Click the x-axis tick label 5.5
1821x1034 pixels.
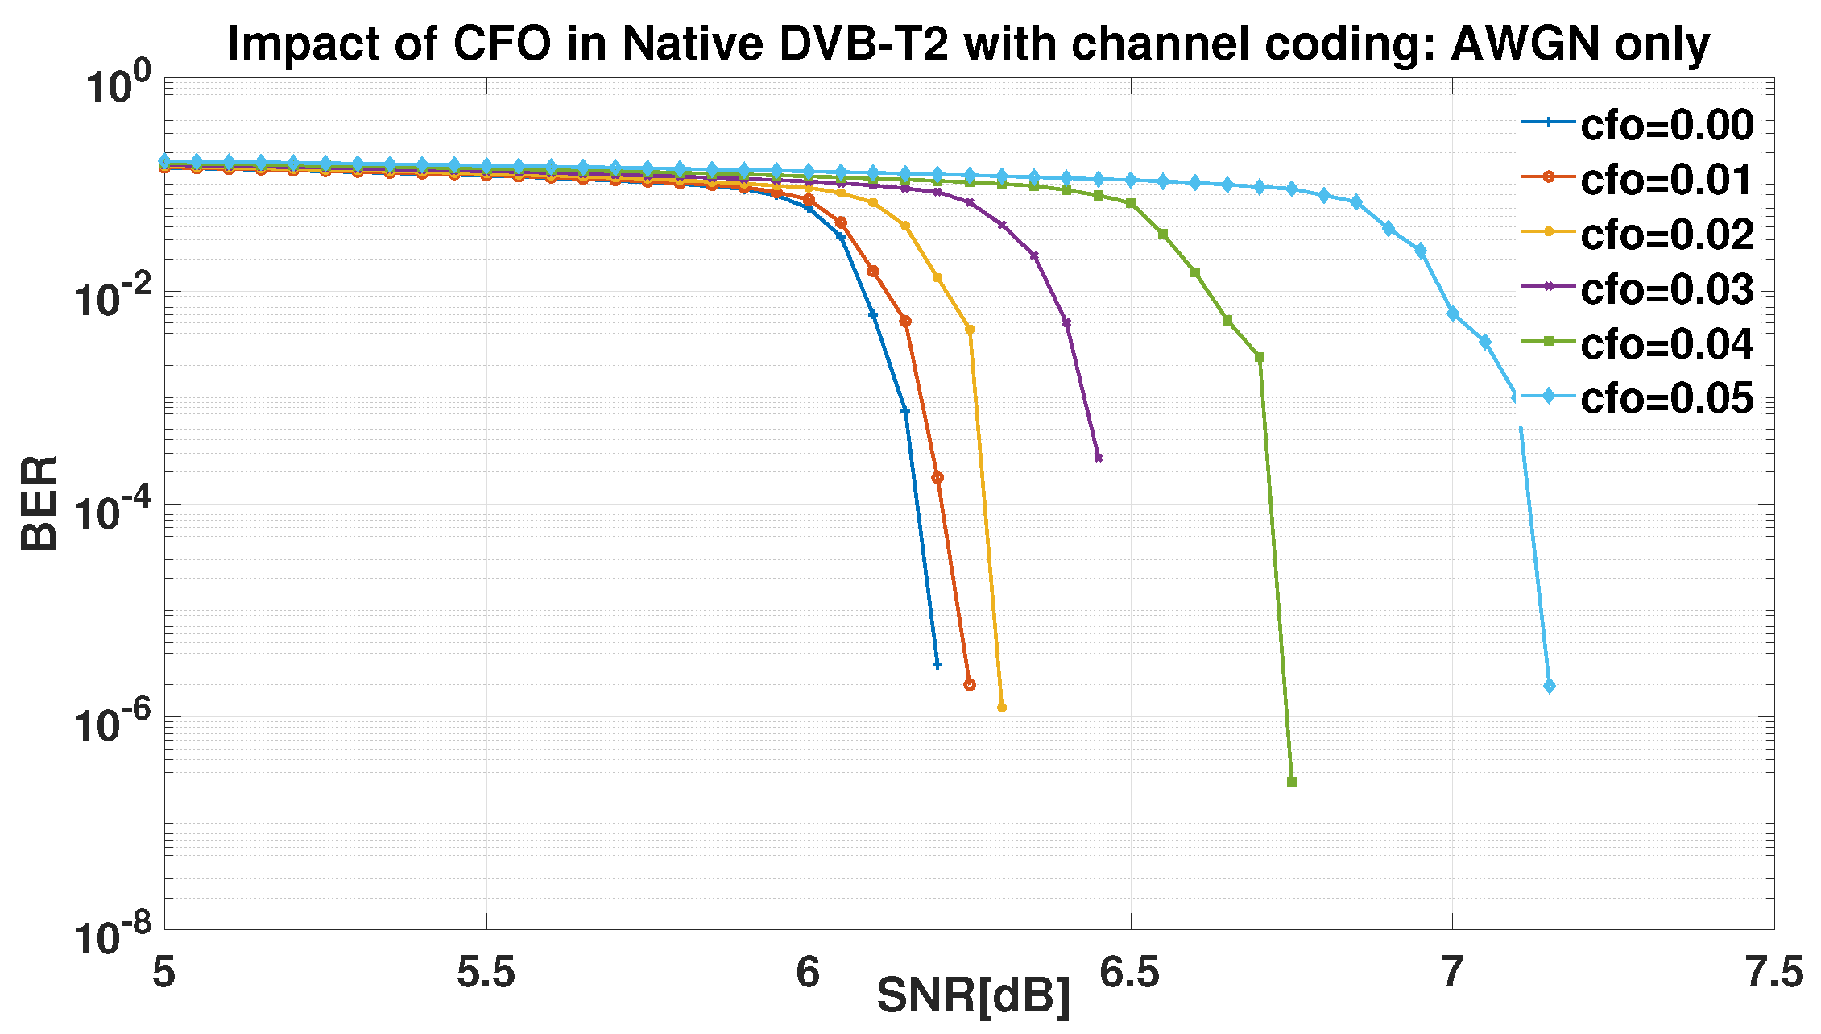coord(486,972)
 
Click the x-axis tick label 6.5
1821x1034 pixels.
coord(1130,972)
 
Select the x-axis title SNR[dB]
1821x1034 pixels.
coord(974,995)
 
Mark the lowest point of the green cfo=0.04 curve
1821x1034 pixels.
coord(1292,782)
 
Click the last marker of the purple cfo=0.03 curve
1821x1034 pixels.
coord(1099,458)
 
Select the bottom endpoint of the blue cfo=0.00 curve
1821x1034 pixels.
coord(937,665)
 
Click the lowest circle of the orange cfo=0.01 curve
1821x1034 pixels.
coord(970,684)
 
